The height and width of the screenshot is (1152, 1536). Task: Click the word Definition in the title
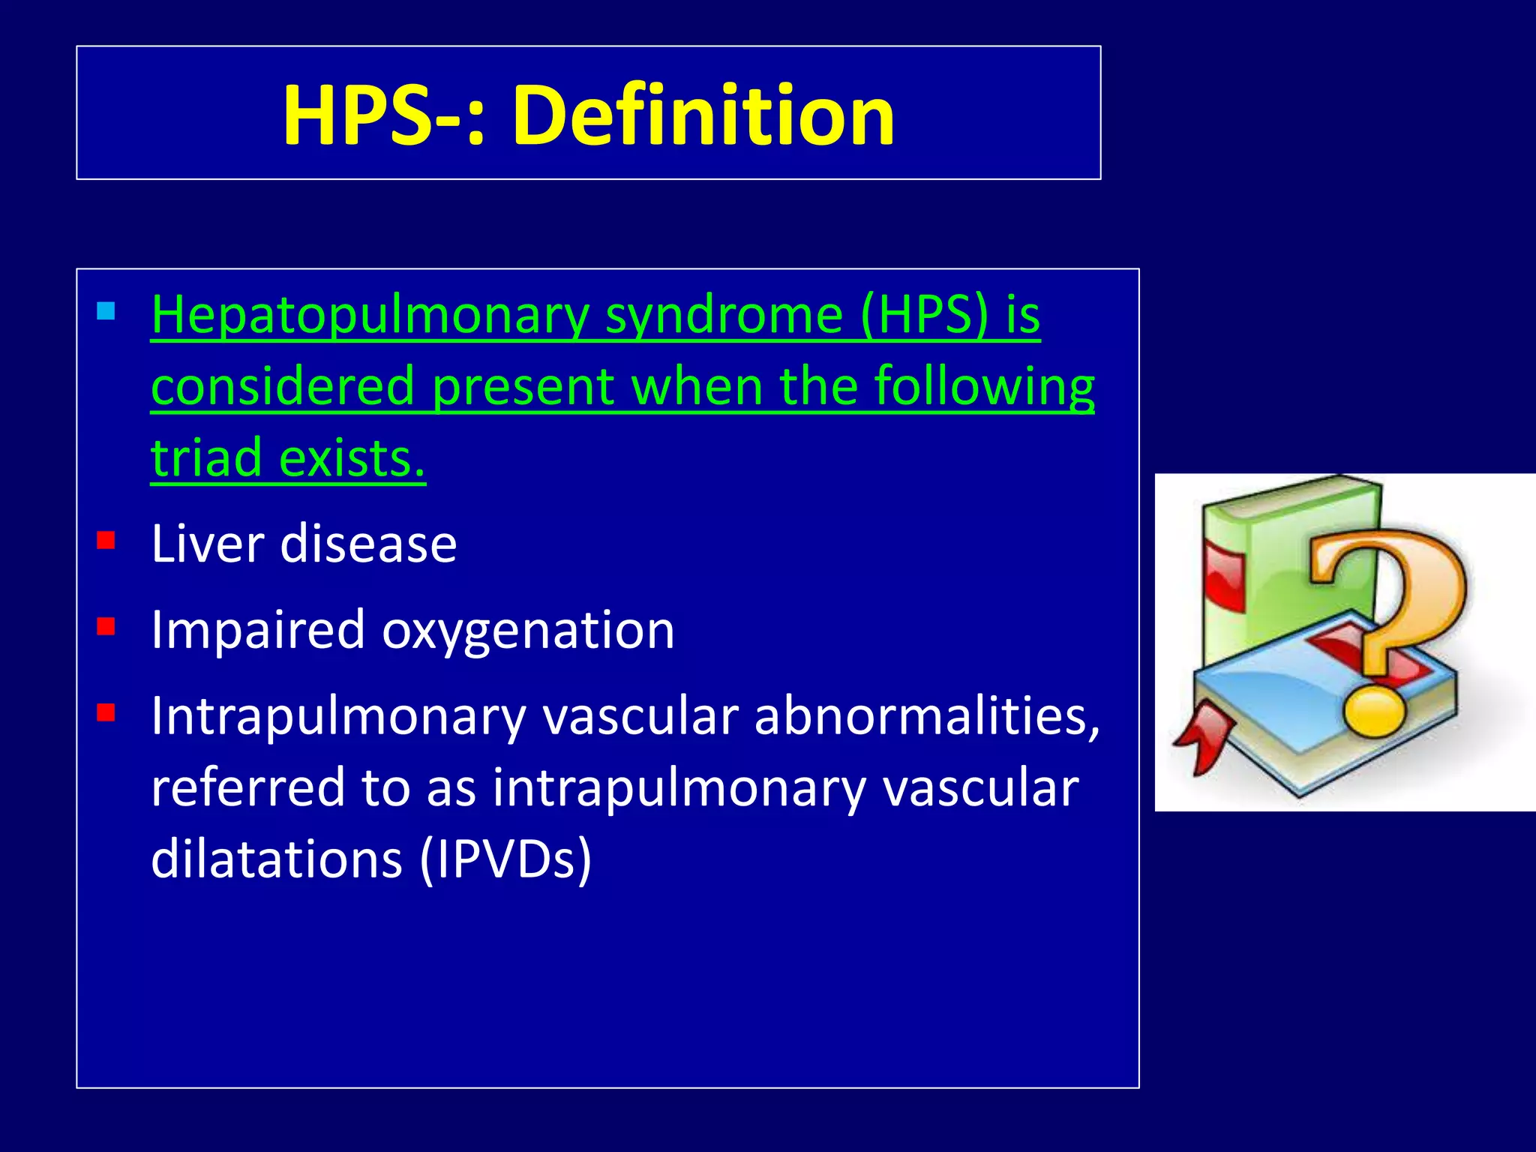[703, 115]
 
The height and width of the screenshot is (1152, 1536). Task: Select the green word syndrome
[724, 315]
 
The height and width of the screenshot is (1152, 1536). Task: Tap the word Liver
[206, 543]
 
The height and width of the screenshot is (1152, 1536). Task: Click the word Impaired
[257, 630]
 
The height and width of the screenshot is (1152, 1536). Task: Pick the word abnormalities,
[927, 715]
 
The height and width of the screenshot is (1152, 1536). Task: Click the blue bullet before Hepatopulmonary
[106, 310]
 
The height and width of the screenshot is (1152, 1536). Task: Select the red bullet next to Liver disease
[106, 540]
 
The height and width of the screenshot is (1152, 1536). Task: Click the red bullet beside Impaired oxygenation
[106, 626]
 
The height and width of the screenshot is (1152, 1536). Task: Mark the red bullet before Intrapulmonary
[106, 712]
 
